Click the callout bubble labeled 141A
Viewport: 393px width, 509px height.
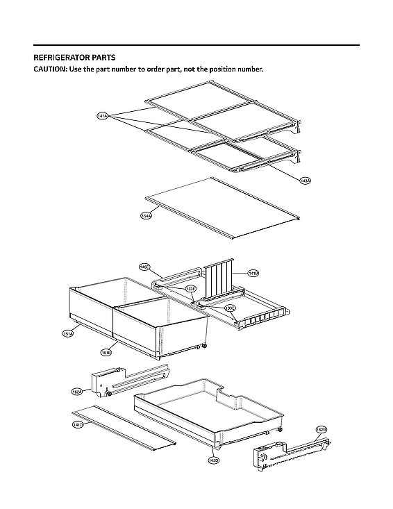click(x=102, y=117)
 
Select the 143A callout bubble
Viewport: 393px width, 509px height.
click(x=304, y=181)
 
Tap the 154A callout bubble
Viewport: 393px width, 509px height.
click(x=146, y=216)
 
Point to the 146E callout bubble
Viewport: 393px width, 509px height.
click(x=144, y=267)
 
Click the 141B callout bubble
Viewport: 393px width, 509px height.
click(x=253, y=274)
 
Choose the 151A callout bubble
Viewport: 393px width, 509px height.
click(x=68, y=334)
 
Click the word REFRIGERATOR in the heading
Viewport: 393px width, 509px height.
click(x=63, y=58)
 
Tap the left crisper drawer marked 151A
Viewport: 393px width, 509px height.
click(x=90, y=309)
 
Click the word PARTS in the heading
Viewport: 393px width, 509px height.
click(x=103, y=58)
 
